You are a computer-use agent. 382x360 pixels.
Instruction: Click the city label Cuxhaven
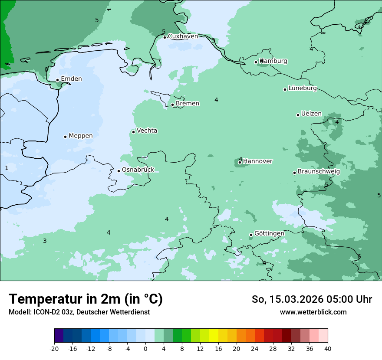coord(183,36)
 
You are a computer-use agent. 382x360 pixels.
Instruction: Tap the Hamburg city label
coord(273,61)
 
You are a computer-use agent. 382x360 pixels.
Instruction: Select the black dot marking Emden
coord(57,80)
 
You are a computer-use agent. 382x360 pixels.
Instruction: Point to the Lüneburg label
coord(303,88)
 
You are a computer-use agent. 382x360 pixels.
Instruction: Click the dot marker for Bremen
coord(172,105)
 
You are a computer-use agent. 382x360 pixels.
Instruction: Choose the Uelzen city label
coord(311,114)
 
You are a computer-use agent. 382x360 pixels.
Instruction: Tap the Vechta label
coord(147,131)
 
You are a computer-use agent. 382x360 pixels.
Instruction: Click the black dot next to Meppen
coord(65,137)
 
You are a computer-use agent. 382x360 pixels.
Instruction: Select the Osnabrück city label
coord(138,170)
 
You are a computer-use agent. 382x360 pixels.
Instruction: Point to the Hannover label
coord(257,161)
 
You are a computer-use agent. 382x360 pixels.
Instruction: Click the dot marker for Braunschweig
coord(294,173)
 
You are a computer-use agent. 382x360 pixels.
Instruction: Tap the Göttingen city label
coord(269,233)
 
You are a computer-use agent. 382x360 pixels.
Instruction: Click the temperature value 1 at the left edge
coord(7,168)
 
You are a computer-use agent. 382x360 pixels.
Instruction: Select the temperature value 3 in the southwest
coord(45,241)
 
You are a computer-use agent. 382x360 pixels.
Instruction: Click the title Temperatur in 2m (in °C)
coord(86,299)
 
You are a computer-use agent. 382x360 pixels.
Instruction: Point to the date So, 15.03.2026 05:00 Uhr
coord(312,299)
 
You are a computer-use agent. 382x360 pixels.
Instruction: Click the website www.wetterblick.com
coord(313,312)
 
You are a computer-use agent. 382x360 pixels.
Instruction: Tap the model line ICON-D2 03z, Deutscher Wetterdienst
coord(79,312)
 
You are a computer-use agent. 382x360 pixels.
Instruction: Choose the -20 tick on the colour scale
coord(54,348)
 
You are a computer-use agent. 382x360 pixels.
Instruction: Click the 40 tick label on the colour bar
coord(327,348)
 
